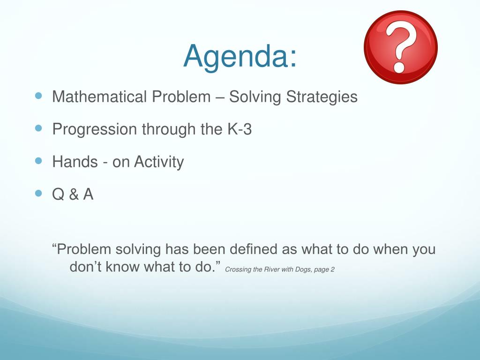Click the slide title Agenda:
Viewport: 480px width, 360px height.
[x=240, y=57]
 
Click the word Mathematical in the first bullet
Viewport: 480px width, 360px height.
[x=99, y=97]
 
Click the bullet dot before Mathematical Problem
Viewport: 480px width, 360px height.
[x=38, y=96]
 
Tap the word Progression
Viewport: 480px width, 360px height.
[x=94, y=130]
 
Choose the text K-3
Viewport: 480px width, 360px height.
[x=240, y=129]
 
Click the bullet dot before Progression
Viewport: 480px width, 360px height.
[x=38, y=128]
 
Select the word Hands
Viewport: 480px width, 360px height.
[x=75, y=162]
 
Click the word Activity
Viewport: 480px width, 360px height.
[x=159, y=162]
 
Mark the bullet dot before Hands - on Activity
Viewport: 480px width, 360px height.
[x=38, y=161]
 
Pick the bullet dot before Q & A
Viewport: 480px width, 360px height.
[x=38, y=193]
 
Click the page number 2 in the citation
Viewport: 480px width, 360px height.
[x=332, y=270]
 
